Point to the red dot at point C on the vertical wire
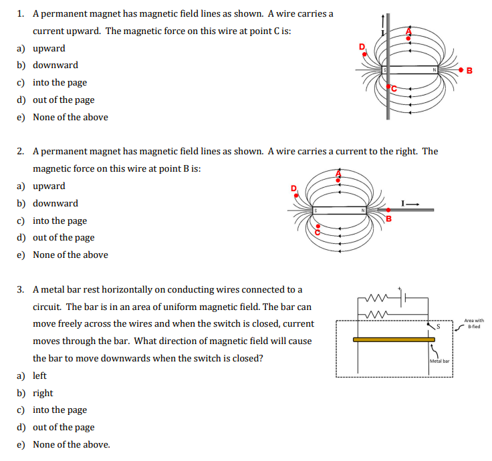pos(387,86)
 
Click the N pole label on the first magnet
pos(434,69)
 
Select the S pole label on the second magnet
pos(315,210)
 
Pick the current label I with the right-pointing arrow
pos(410,202)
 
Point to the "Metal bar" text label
pos(440,361)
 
